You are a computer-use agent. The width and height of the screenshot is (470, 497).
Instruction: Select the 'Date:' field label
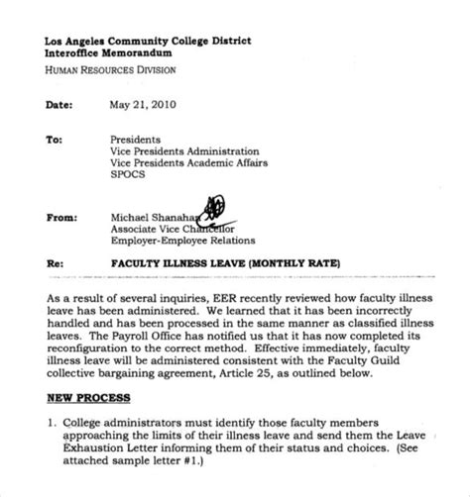click(x=60, y=104)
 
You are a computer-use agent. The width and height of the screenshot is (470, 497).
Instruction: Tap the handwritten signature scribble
click(x=219, y=209)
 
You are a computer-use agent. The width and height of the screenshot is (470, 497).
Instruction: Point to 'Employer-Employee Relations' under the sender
click(x=181, y=240)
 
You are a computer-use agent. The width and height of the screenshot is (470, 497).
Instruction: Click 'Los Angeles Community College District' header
click(x=148, y=41)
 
